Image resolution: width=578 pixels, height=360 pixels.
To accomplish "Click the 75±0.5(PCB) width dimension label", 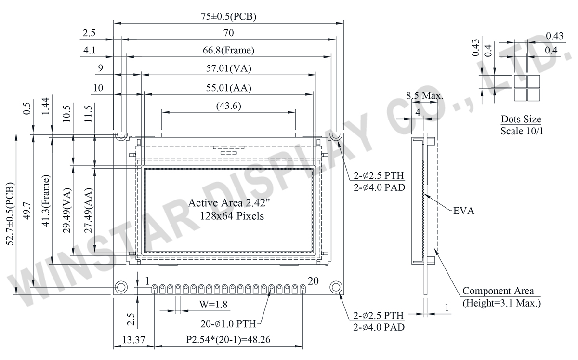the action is coord(228,16).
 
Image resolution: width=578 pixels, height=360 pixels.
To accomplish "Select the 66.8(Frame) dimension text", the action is coord(228,50).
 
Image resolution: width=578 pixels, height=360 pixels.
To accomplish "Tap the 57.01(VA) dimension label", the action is coord(228,68).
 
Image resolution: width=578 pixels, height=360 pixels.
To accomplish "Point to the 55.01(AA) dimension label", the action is coord(228,88).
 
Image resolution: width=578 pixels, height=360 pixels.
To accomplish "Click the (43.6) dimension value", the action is coord(228,106).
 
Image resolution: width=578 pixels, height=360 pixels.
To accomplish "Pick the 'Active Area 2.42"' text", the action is coord(229,203).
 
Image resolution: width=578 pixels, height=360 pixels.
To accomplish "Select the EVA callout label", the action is coord(464,211).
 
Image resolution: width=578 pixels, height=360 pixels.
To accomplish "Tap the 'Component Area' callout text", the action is coord(498,291).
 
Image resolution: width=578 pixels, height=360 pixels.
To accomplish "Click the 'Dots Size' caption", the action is coord(521,120).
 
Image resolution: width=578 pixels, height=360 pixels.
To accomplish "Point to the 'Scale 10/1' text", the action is coord(522,131).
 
